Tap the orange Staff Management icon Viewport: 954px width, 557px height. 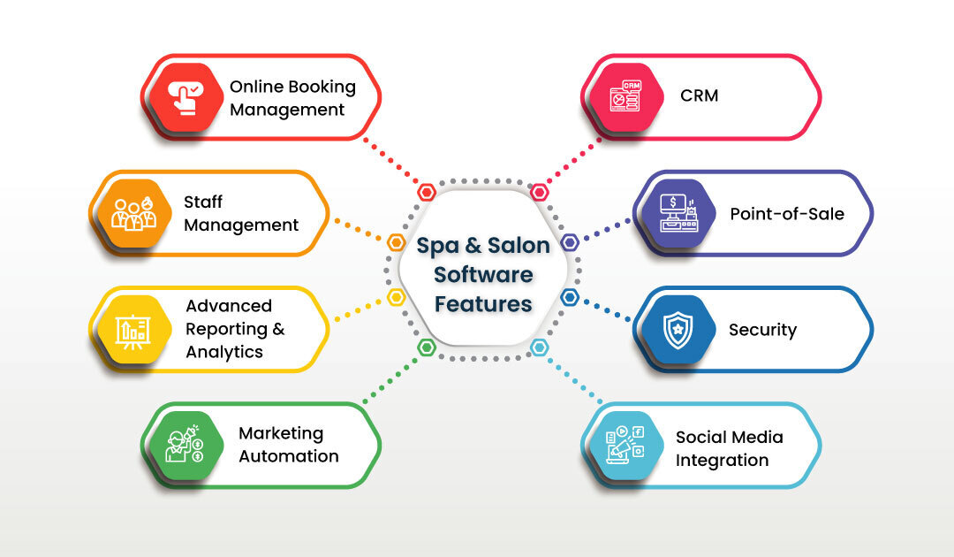coord(132,213)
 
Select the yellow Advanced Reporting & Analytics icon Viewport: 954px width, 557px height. coord(132,329)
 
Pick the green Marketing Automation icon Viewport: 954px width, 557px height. coord(185,445)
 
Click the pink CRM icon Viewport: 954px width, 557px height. coord(625,97)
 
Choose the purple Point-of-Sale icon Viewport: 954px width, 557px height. coord(678,213)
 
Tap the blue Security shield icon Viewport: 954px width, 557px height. coord(678,329)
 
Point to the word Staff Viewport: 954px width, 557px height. coord(203,202)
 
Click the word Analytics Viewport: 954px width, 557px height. coord(224,352)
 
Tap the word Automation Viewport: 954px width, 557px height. coord(289,456)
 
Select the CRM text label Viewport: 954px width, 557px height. coord(700,95)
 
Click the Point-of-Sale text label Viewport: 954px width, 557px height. coord(787,213)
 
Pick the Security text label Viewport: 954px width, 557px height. coord(762,330)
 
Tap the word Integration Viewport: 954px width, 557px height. coord(722,461)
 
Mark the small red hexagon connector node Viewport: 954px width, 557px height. coord(427,192)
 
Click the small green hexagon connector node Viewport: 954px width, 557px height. coord(427,347)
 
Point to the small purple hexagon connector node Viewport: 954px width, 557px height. coord(570,242)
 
